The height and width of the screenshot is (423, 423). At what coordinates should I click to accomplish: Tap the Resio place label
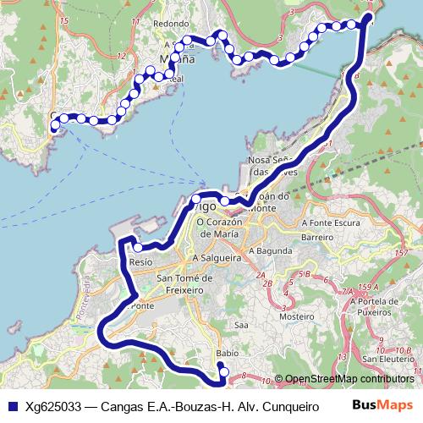pos(141,263)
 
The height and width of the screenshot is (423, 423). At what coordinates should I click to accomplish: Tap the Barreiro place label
pos(317,238)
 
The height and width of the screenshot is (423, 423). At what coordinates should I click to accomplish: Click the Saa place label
pos(241,324)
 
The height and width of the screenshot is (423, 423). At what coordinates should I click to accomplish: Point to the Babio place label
pos(226,353)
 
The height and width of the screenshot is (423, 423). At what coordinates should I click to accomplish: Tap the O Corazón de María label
pos(220,228)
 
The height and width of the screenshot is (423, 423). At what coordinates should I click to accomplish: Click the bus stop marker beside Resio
pos(138,248)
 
